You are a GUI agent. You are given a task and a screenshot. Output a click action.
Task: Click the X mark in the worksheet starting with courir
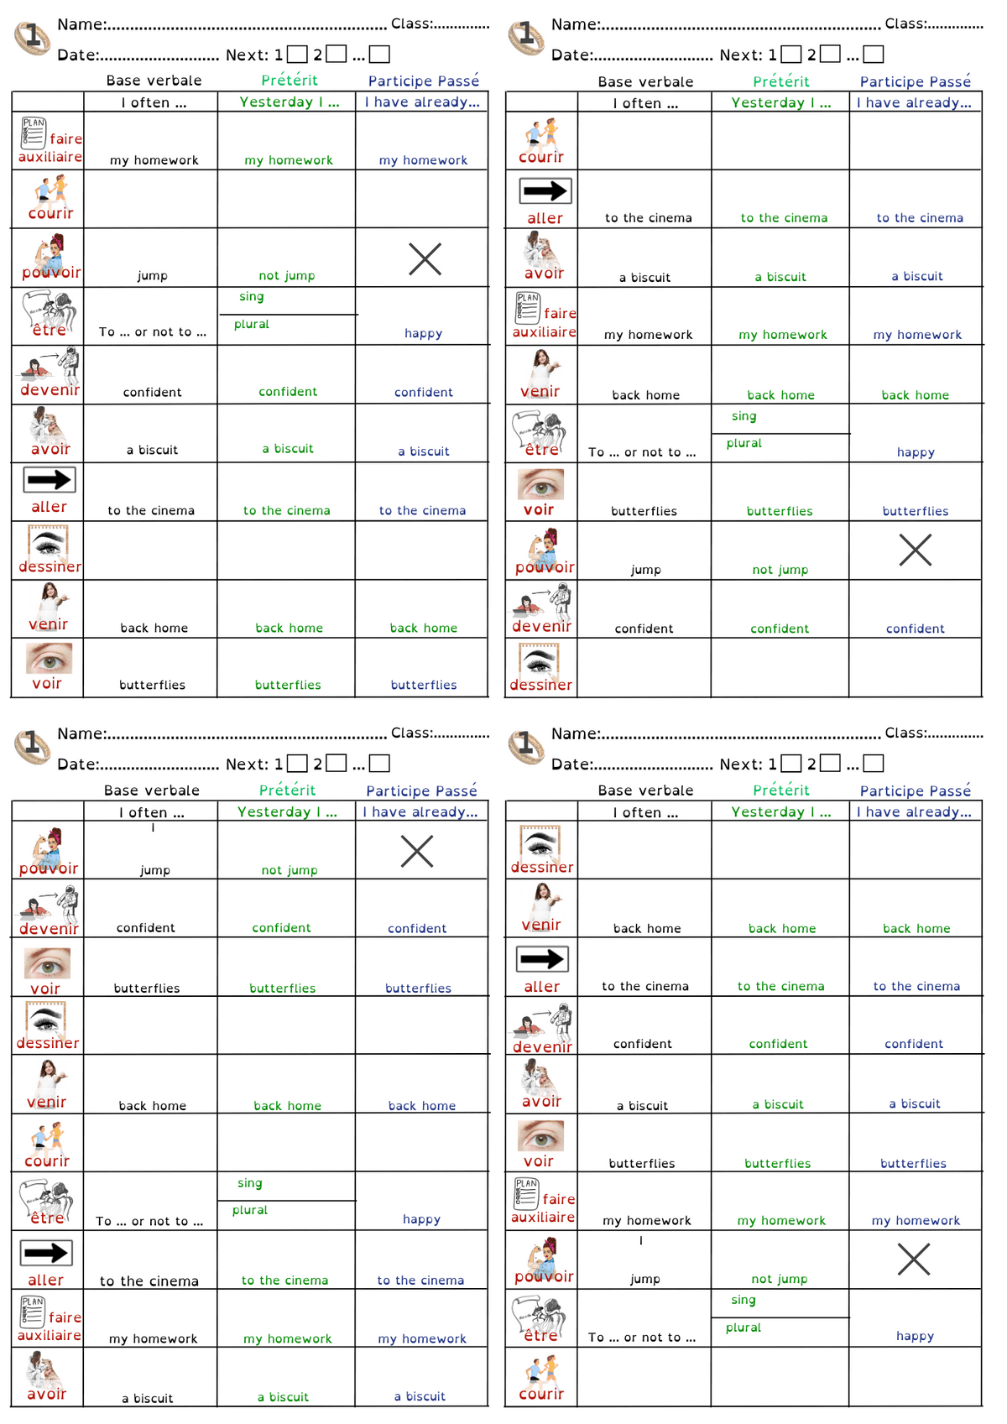(x=915, y=550)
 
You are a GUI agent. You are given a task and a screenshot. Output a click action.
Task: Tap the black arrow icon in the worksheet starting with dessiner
(x=542, y=958)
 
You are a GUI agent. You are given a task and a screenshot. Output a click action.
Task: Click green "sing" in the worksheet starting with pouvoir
(x=249, y=1183)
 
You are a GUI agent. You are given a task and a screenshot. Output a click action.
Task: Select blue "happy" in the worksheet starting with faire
(x=423, y=333)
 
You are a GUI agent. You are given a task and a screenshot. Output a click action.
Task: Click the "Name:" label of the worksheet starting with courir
(x=575, y=24)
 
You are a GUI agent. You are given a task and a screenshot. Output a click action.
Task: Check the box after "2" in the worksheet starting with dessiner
(x=830, y=763)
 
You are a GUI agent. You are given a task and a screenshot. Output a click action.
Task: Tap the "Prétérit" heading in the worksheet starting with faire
(x=289, y=81)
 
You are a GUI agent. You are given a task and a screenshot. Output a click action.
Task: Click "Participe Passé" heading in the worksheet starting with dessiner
(x=915, y=790)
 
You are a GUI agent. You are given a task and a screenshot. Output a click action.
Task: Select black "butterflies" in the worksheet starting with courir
(x=644, y=511)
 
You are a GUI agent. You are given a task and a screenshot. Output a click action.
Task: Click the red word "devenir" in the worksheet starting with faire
(x=50, y=390)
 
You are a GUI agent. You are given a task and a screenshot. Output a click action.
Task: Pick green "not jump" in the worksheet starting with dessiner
(x=780, y=1279)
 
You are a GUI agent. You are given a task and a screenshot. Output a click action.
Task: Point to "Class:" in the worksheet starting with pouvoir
(x=411, y=733)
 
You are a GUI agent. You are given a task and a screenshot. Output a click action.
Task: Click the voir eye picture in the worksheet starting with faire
(x=49, y=659)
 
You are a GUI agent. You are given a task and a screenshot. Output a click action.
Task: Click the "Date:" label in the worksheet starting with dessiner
(x=571, y=764)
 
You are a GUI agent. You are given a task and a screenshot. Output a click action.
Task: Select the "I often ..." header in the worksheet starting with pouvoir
(x=151, y=812)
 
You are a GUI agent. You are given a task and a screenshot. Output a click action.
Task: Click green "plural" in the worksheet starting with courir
(x=744, y=443)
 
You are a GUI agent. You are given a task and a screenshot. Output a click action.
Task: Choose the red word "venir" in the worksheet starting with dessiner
(x=541, y=925)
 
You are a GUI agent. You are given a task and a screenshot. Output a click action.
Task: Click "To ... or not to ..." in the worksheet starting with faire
(x=152, y=332)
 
